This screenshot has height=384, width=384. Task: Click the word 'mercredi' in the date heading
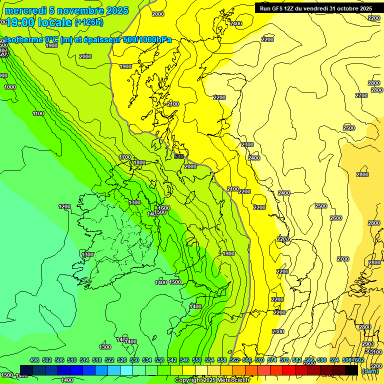click(x=25, y=10)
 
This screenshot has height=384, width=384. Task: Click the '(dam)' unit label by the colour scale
click(x=369, y=371)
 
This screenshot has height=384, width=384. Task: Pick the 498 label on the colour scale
click(x=34, y=360)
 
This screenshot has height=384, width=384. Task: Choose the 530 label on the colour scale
click(x=134, y=360)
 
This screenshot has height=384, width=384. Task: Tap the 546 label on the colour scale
click(x=184, y=360)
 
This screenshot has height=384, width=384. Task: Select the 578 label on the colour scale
click(x=284, y=360)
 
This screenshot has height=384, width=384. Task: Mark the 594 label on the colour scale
click(x=334, y=360)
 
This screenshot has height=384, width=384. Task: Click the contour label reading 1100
click(x=38, y=114)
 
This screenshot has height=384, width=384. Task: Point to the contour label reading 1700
click(x=125, y=157)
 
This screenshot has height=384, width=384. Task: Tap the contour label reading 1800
click(x=139, y=162)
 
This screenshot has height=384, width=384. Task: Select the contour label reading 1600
click(x=164, y=208)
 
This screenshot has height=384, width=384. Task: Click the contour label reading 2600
click(x=336, y=218)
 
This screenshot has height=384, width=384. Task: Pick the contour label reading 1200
click(x=64, y=206)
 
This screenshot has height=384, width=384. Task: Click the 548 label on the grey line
click(x=179, y=156)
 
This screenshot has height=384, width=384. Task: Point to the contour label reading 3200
click(x=376, y=366)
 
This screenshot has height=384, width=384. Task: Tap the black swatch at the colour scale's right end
click(x=351, y=370)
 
